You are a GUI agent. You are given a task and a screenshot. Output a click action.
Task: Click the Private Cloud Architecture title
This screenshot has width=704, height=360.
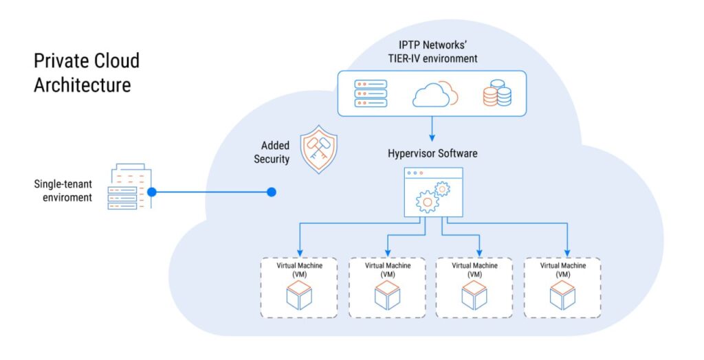coord(87,73)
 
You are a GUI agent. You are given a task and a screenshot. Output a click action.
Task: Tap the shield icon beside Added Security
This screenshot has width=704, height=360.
coord(320,149)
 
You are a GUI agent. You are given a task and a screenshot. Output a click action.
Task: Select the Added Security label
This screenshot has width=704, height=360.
coord(275,153)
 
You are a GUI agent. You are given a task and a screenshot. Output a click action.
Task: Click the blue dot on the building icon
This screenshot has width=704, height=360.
coord(152,192)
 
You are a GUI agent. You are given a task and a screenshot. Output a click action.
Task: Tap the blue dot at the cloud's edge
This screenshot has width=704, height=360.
coord(272,192)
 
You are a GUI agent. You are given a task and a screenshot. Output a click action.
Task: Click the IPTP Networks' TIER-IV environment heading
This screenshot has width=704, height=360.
coord(432,52)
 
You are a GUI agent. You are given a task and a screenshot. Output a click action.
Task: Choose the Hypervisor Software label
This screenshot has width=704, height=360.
coord(432,153)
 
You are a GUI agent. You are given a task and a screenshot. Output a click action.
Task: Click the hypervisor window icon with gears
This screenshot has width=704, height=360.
coord(432,192)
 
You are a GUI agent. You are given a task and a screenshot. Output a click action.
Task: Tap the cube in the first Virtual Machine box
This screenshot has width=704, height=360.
coord(299,296)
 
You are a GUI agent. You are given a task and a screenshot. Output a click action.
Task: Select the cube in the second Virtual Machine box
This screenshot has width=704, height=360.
coord(387,296)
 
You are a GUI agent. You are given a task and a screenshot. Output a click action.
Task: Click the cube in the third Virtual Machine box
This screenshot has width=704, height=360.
coord(474,296)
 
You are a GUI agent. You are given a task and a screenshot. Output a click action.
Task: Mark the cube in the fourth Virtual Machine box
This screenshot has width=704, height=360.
coord(562,296)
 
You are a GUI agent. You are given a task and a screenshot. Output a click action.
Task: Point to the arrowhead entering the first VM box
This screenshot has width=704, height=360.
coord(300,251)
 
